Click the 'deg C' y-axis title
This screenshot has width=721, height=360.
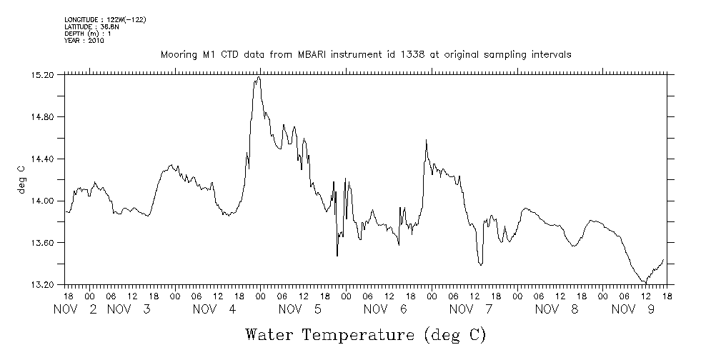tap(21, 179)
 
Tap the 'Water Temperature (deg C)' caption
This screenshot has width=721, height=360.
tap(366, 334)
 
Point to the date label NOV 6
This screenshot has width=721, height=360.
tap(385, 309)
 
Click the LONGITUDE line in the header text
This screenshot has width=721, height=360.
tap(105, 19)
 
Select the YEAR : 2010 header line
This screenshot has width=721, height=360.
tap(84, 41)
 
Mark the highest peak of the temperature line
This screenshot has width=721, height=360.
tap(259, 77)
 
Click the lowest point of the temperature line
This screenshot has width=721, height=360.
tap(645, 284)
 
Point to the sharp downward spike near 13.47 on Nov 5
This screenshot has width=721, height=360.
tap(337, 255)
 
